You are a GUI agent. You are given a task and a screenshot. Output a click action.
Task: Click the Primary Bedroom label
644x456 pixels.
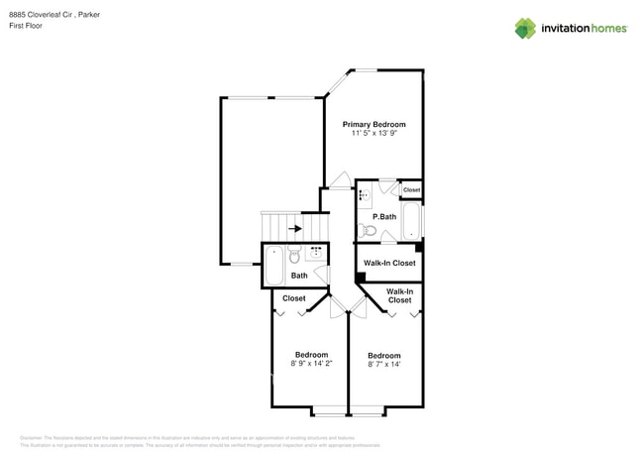(x=375, y=125)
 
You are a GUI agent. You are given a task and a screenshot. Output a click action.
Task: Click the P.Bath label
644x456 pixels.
(x=384, y=217)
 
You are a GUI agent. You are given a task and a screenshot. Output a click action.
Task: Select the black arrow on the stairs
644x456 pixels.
(x=295, y=228)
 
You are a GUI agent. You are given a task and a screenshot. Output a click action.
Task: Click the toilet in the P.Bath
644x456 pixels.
(x=368, y=231)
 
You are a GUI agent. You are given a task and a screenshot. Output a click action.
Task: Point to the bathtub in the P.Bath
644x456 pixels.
(x=411, y=220)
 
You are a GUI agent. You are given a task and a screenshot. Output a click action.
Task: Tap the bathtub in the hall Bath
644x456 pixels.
(x=274, y=266)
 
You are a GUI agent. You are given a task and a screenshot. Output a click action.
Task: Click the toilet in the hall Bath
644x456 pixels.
(x=294, y=256)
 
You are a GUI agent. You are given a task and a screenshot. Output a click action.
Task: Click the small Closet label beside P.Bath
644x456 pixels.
(x=411, y=190)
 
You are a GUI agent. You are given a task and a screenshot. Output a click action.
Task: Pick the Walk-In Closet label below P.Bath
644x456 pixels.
(x=389, y=263)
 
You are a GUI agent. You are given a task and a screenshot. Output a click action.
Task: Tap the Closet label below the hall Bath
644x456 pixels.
(x=294, y=298)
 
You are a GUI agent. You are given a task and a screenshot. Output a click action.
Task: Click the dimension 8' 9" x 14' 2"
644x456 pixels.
(x=311, y=364)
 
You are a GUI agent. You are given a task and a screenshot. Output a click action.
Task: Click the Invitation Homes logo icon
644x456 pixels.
(x=525, y=28)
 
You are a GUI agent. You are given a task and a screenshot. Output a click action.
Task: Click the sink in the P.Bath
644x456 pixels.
(x=365, y=193)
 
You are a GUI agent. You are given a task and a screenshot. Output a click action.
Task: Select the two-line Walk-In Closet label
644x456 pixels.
(x=399, y=295)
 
